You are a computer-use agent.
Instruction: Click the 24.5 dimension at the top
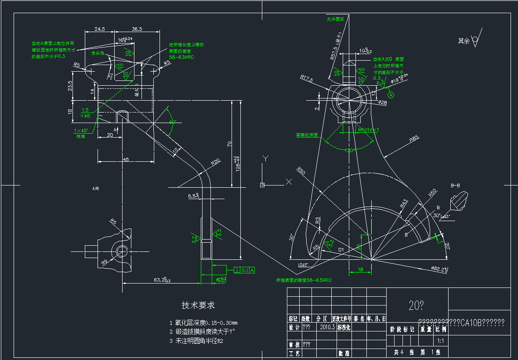pyautogui.click(x=100, y=29)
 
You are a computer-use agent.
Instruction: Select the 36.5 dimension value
pyautogui.click(x=137, y=29)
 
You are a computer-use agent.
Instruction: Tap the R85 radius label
pyautogui.click(x=414, y=139)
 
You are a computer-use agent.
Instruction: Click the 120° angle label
pyautogui.click(x=350, y=150)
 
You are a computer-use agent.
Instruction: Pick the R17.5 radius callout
pyautogui.click(x=306, y=78)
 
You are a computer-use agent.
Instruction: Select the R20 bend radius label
pyautogui.click(x=215, y=161)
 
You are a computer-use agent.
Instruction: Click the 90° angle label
pyautogui.click(x=172, y=122)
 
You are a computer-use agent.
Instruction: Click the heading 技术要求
pyautogui.click(x=198, y=305)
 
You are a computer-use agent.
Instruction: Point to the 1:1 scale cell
pyautogui.click(x=441, y=340)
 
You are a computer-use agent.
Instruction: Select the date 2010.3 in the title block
pyautogui.click(x=328, y=327)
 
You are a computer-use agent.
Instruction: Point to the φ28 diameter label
pyautogui.click(x=382, y=102)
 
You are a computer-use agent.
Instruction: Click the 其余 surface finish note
pyautogui.click(x=464, y=41)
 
